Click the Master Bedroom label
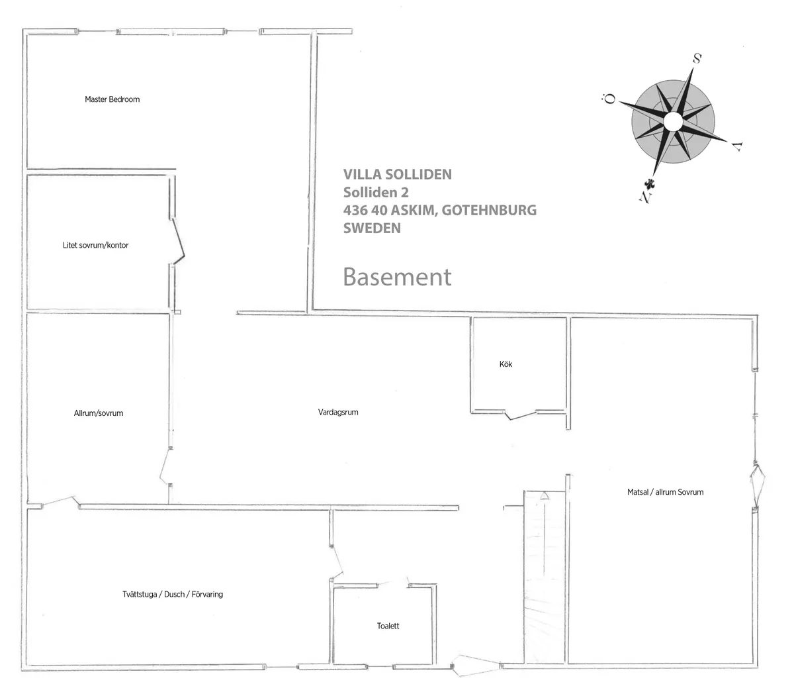pos(112,99)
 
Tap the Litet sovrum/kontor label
pos(95,245)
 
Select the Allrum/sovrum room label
pos(99,413)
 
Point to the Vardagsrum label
pos(338,412)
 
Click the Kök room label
pos(506,364)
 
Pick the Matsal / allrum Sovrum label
pos(665,492)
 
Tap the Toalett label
pos(388,626)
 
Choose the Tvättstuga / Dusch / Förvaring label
pos(173,594)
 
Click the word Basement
pos(397,277)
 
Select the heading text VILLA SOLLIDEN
pos(397,174)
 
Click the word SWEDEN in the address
pos(372,228)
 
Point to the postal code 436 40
pos(365,210)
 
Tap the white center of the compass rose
pos(672,122)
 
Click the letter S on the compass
pos(697,58)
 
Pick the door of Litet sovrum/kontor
pos(177,243)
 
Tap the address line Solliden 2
pos(376,192)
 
